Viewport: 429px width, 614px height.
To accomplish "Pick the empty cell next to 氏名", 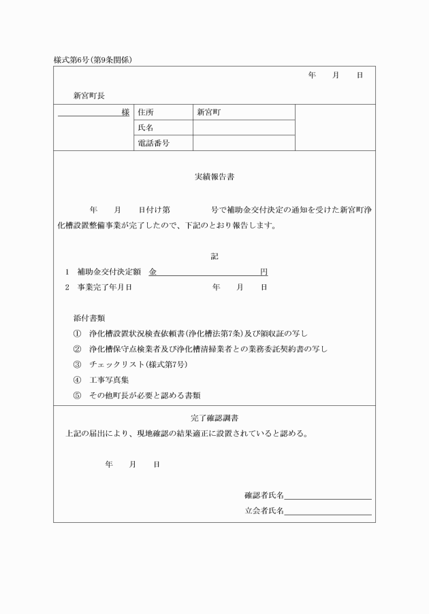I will [243, 128].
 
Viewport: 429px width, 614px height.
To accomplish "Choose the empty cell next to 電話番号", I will [243, 143].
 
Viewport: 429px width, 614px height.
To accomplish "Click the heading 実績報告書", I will [214, 177].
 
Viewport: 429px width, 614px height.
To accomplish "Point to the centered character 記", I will [214, 257].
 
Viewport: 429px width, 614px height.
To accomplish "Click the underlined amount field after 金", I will [208, 272].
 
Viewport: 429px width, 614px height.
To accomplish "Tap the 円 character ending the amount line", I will [264, 272].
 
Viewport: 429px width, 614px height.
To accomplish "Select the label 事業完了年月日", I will [104, 288].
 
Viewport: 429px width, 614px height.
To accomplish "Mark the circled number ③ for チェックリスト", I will [77, 364].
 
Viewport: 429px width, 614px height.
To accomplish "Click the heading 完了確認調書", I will [214, 417].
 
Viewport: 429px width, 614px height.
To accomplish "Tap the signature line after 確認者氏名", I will [328, 495].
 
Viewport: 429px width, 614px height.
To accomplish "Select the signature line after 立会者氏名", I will [328, 511].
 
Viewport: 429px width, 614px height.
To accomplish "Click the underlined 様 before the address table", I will [125, 112].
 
